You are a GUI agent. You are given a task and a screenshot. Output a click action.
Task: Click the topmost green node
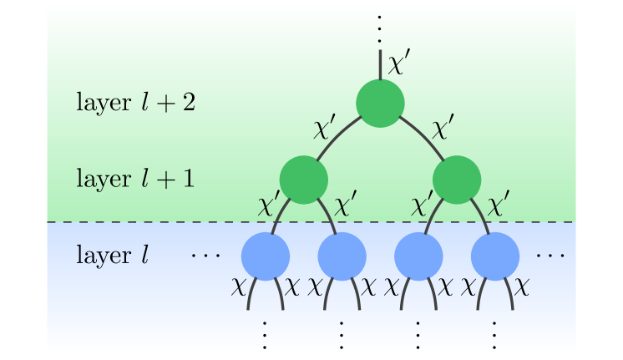380,104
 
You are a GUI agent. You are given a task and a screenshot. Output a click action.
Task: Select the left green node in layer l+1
303,180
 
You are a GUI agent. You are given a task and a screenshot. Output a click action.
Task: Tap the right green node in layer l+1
457,180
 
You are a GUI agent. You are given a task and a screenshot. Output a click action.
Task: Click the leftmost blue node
265,256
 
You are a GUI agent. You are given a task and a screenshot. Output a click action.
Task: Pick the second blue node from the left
342,256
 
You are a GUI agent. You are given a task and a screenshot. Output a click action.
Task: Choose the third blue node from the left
418,256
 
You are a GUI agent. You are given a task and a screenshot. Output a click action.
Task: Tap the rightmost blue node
495,256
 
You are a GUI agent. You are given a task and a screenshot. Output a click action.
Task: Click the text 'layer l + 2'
135,104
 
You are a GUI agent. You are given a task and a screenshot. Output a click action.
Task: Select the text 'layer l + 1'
135,179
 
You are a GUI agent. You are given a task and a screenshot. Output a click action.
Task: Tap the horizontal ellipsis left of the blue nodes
204,254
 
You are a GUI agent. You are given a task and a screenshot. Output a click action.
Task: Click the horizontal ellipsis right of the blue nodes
550,254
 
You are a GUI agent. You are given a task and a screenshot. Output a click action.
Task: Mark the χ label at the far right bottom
521,287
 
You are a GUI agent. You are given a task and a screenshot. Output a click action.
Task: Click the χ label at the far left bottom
239,287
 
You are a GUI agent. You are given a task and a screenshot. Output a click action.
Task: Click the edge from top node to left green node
338,134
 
